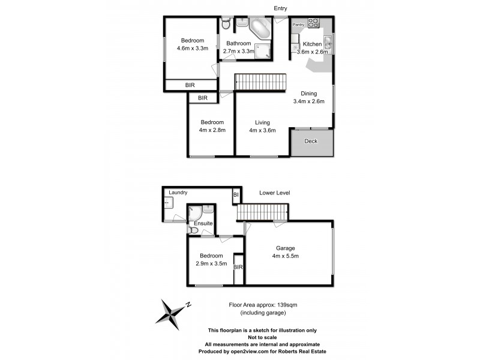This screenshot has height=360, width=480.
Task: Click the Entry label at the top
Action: [x=280, y=8]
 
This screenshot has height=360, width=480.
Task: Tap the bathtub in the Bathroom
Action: [x=259, y=28]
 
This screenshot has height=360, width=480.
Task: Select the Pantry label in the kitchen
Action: [x=299, y=25]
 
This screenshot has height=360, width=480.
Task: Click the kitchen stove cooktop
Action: [x=314, y=23]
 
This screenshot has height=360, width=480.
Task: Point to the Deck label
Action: [x=311, y=142]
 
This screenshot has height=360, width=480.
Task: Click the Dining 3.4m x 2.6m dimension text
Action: [x=308, y=101]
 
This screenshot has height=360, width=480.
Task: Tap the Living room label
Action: [x=262, y=122]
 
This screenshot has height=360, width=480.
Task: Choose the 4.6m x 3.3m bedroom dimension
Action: [x=193, y=49]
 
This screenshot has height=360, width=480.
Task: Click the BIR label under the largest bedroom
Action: [x=190, y=85]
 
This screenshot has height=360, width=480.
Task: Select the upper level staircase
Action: [x=259, y=82]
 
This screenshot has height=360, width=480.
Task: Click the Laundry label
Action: [x=178, y=193]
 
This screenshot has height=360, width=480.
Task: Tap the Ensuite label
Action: [x=202, y=223]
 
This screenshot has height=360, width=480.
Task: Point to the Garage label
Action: [x=286, y=248]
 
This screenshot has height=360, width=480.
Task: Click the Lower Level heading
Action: [x=275, y=193]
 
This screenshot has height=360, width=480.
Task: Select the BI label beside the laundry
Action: [x=236, y=194]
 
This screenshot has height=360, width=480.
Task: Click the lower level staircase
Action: [x=263, y=212]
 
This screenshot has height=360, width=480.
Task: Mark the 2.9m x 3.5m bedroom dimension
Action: [x=211, y=263]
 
